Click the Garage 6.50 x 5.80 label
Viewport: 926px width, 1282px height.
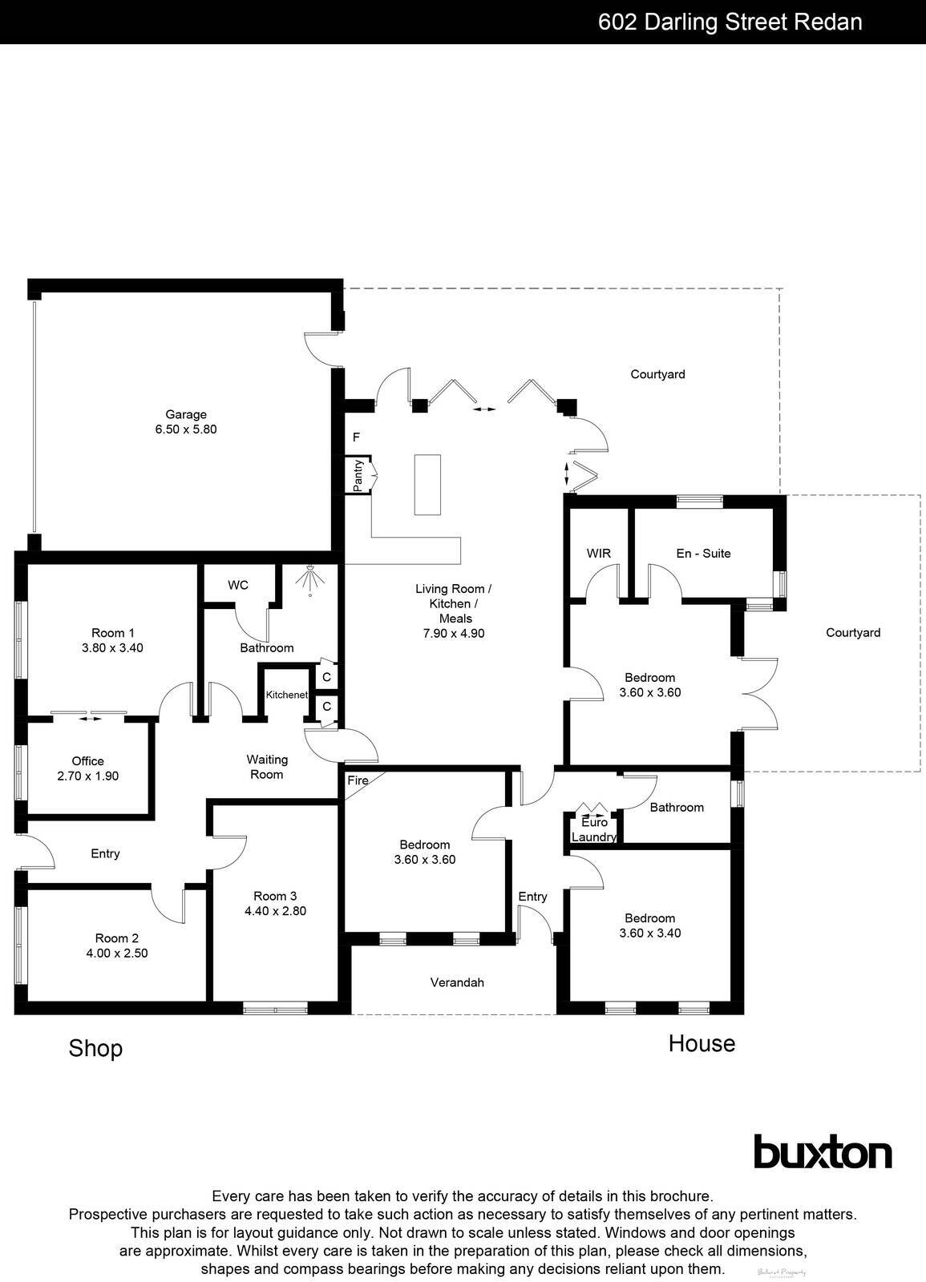coord(186,422)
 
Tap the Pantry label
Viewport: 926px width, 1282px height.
coord(358,475)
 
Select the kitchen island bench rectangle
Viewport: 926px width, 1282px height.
coord(427,484)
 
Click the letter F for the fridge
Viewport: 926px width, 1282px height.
coord(357,437)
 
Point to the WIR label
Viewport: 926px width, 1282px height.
coord(599,554)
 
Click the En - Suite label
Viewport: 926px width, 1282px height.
coord(703,554)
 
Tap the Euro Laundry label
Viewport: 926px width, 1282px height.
coord(595,830)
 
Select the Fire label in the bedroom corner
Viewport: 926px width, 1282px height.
coord(358,780)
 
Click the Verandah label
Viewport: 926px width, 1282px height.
coord(457,982)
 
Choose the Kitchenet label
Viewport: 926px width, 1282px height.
coord(287,695)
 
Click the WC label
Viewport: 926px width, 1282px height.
coord(238,586)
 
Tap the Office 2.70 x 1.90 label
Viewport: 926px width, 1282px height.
coord(88,768)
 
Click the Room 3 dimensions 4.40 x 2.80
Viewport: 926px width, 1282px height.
coord(275,911)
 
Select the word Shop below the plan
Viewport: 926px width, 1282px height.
coord(95,1048)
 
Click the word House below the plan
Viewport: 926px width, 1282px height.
coord(702,1043)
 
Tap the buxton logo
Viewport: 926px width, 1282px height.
coord(823,1153)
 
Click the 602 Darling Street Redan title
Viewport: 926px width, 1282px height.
coord(730,22)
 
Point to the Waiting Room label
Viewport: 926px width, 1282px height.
coord(267,767)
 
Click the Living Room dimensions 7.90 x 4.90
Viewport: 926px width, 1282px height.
coord(454,633)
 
